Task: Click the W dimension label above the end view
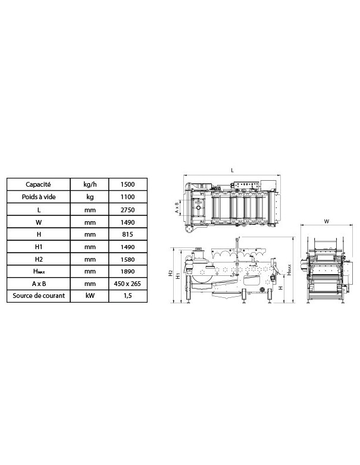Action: point(326,222)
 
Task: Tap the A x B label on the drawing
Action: point(177,206)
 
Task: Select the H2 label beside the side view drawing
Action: point(170,274)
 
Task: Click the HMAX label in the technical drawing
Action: point(289,271)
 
